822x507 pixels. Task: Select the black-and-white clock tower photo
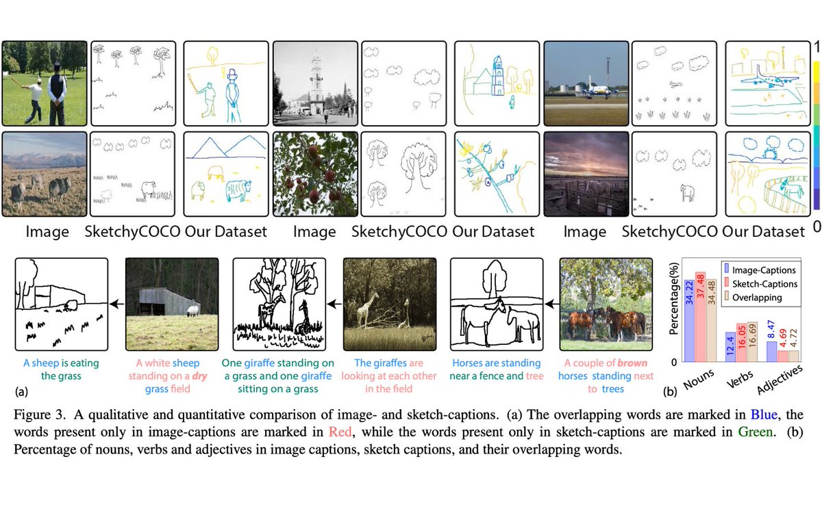pos(315,83)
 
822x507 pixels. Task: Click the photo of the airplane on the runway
pos(586,83)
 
